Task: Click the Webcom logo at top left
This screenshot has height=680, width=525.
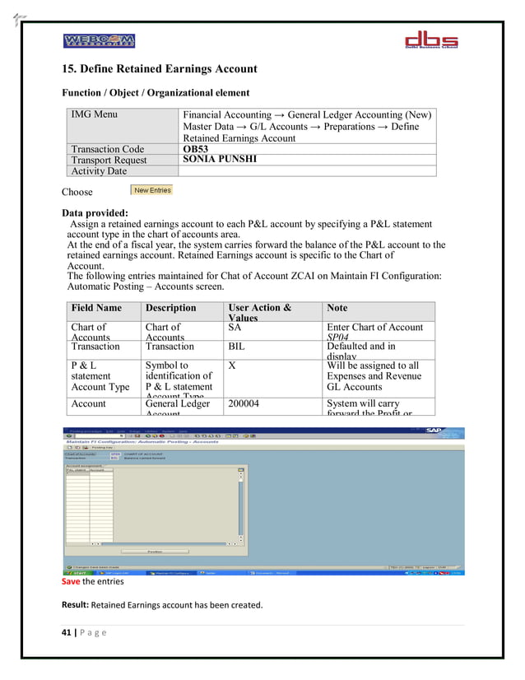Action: (100, 41)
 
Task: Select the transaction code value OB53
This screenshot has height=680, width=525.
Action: (196, 149)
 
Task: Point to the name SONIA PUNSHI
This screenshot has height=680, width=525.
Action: (219, 160)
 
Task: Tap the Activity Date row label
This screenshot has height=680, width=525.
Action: (99, 171)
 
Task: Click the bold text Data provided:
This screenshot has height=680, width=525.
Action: (95, 213)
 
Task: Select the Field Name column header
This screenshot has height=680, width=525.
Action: (96, 308)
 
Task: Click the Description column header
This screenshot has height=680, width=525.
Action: (170, 308)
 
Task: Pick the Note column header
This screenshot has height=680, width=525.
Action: (337, 308)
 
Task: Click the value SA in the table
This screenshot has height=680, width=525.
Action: (235, 328)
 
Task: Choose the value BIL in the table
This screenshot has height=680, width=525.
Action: (236, 347)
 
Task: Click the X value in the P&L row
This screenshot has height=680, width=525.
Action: (232, 366)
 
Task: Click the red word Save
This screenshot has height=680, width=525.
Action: (71, 581)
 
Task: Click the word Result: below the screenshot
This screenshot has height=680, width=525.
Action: (76, 606)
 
